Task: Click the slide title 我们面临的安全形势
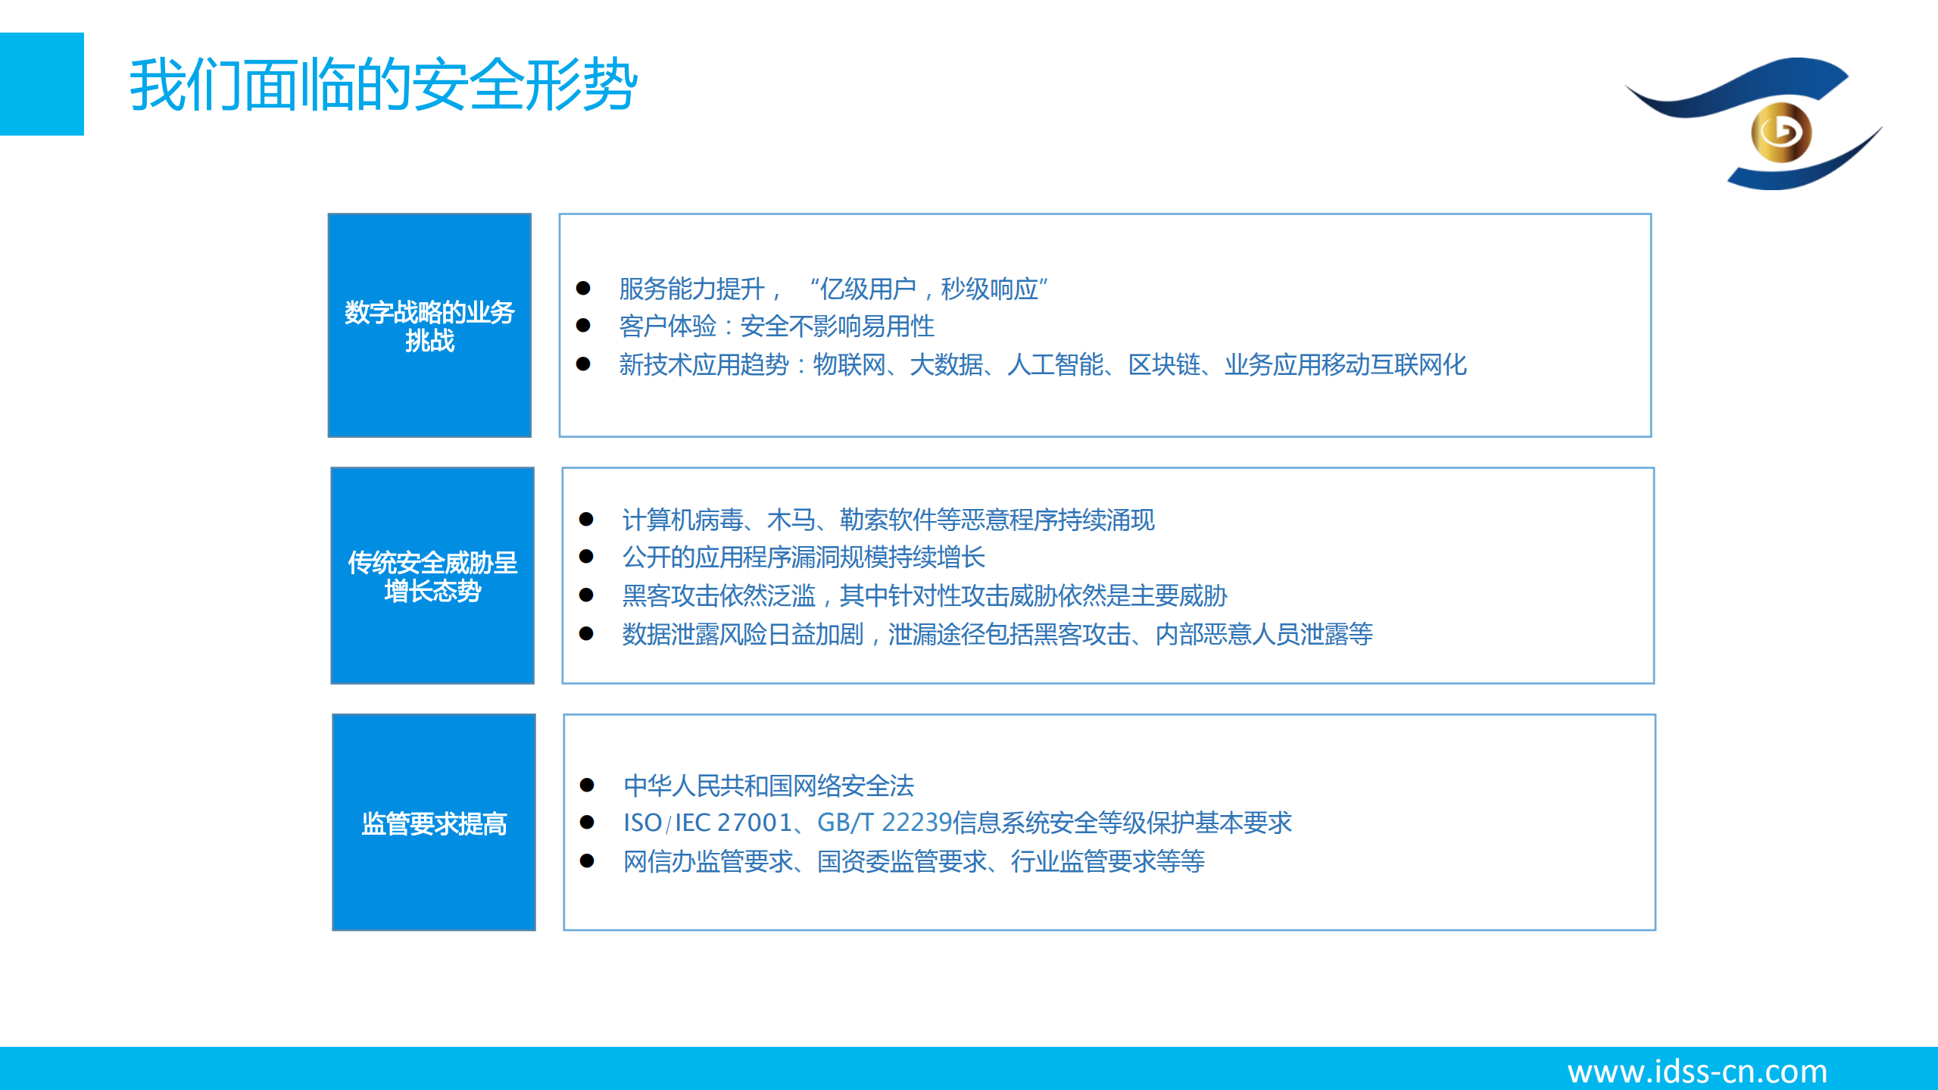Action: coord(383,85)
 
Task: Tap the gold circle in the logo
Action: coord(1780,133)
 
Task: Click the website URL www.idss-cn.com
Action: coord(1697,1071)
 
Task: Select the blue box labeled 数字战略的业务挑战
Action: coord(429,325)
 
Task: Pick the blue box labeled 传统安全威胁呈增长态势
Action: coord(432,576)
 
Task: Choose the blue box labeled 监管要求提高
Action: coord(434,822)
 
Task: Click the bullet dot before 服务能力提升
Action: coord(583,288)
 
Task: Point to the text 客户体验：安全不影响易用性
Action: coord(776,326)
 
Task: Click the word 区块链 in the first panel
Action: coord(1164,365)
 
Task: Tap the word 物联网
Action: coord(849,365)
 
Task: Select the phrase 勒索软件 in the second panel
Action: coord(888,520)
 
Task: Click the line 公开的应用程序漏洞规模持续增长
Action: coord(803,557)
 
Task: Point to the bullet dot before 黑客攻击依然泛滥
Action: coord(586,595)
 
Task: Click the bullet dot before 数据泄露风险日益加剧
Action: coord(586,633)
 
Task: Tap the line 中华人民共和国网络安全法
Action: coord(769,785)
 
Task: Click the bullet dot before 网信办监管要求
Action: coord(587,860)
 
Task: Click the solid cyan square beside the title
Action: coord(42,84)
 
